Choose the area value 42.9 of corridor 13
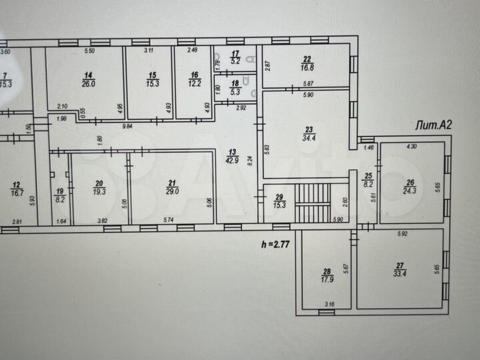click(231, 161)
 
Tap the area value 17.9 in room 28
click(326, 279)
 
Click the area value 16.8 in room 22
click(307, 67)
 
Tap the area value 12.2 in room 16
click(193, 83)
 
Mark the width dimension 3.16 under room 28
click(329, 305)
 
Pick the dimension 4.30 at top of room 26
click(413, 145)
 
